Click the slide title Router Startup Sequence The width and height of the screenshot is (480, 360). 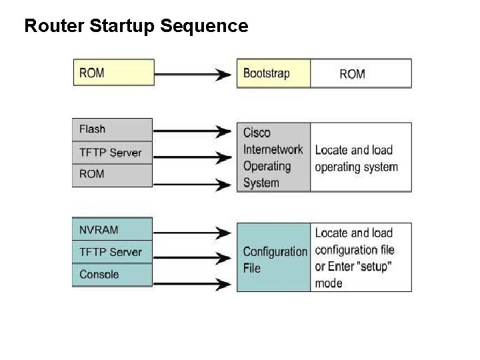[136, 26]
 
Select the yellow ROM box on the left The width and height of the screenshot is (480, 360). [113, 73]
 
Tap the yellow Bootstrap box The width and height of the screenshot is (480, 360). [273, 73]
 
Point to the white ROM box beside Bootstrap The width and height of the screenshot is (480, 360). [360, 73]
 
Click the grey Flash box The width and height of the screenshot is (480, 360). [112, 129]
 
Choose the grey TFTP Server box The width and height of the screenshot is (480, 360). [112, 153]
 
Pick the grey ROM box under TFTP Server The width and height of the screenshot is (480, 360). [112, 175]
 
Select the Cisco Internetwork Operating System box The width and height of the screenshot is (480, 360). [273, 157]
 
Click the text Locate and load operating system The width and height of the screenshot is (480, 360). [356, 159]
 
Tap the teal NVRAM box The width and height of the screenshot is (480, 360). [112, 230]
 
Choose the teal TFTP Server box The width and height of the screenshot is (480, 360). [112, 252]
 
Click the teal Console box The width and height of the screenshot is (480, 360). [112, 275]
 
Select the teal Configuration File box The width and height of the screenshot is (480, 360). [273, 259]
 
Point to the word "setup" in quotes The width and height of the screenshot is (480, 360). [371, 267]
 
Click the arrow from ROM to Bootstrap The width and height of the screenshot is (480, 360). [193, 73]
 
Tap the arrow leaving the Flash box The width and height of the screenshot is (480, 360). [193, 130]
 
